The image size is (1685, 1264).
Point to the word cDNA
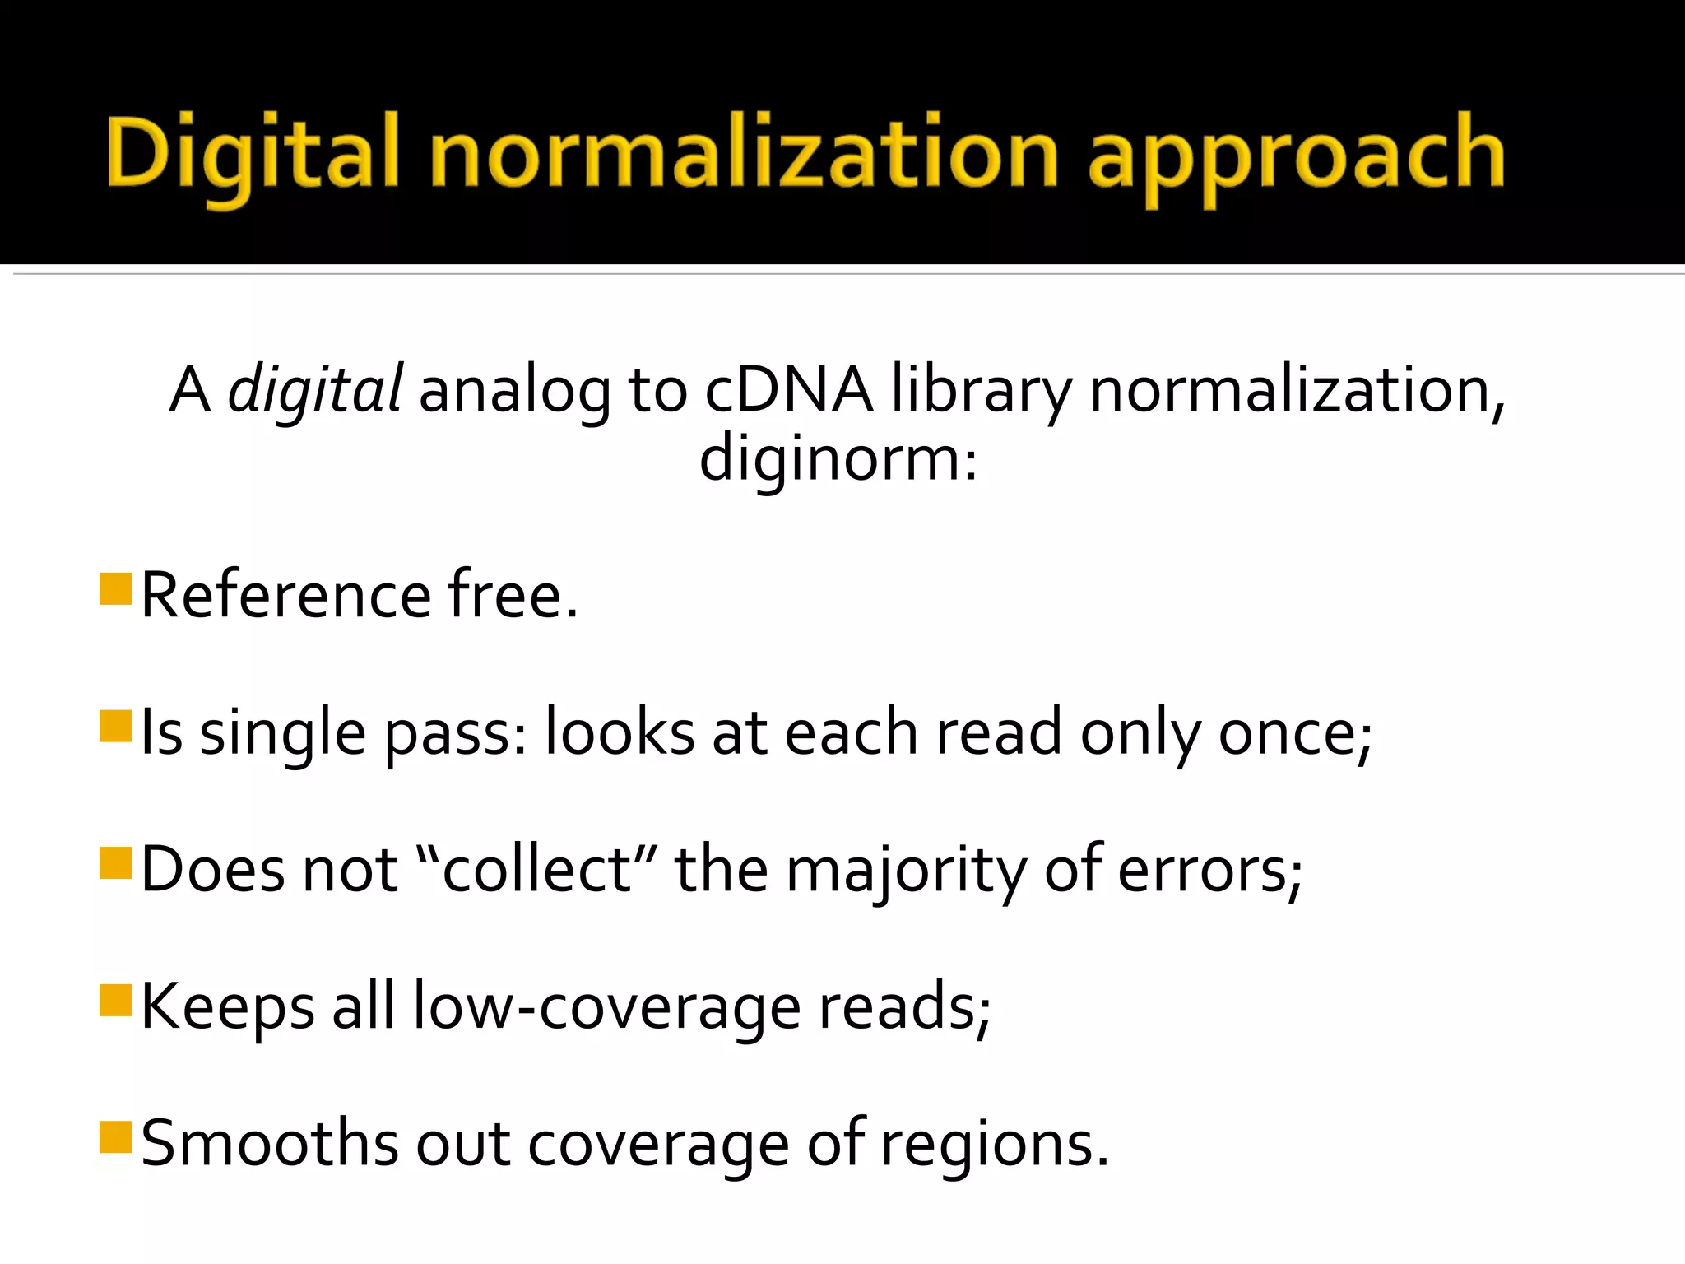point(788,390)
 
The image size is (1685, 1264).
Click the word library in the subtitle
point(981,390)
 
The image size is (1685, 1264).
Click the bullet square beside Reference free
point(116,589)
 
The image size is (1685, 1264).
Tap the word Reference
point(286,594)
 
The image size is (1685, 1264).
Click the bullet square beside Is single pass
point(116,727)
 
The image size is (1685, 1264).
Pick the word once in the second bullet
point(1293,732)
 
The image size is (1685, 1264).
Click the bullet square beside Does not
point(116,864)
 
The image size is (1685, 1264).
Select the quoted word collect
point(536,869)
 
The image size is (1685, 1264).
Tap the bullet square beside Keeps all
point(116,1001)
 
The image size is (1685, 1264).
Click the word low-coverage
point(607,1007)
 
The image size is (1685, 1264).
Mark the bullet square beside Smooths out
point(116,1138)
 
